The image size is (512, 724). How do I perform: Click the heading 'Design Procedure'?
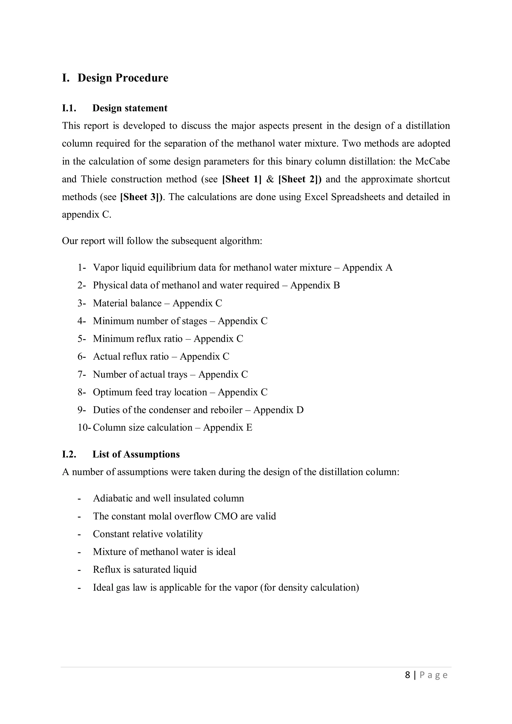pos(123,78)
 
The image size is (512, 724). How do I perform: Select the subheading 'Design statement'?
pos(130,108)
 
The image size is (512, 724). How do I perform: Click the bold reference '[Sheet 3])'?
pos(142,197)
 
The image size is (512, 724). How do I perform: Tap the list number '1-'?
pos(82,268)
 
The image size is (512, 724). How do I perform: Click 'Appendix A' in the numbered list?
pos(367,268)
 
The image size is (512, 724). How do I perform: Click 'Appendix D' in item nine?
pos(278,410)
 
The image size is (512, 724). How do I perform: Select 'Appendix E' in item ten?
pos(228,428)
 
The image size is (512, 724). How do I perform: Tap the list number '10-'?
pos(84,428)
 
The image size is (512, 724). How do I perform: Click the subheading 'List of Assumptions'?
pos(136,454)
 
